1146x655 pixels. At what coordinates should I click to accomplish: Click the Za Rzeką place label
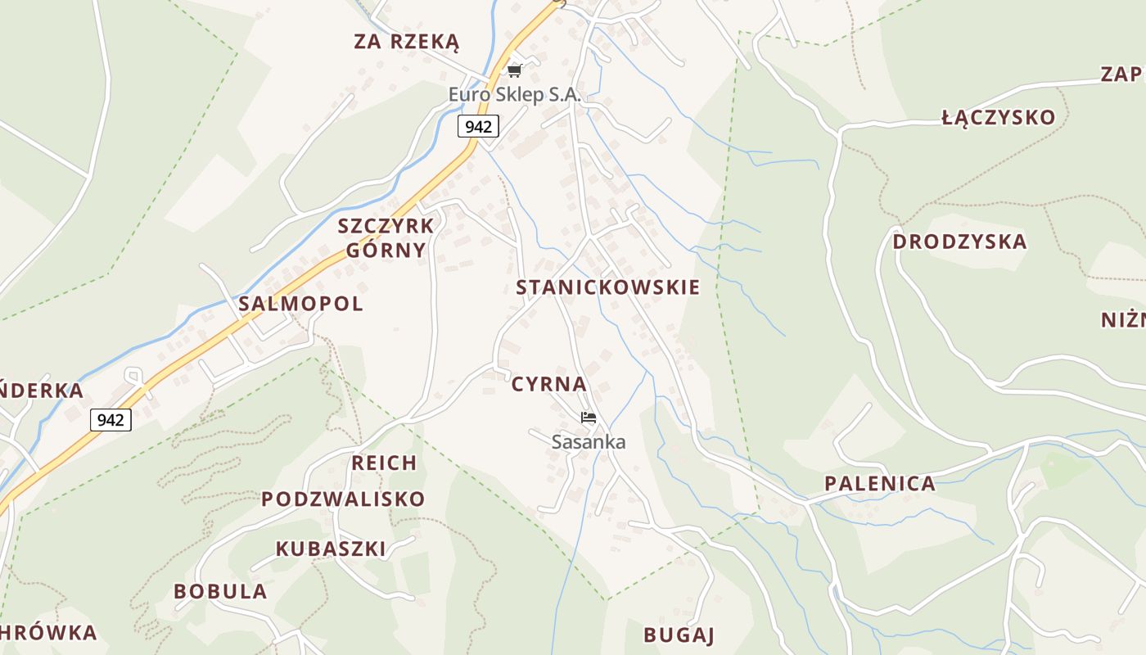pyautogui.click(x=407, y=42)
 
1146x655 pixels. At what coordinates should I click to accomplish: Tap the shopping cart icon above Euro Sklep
pyautogui.click(x=514, y=71)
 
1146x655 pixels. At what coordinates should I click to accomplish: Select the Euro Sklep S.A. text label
pyautogui.click(x=514, y=95)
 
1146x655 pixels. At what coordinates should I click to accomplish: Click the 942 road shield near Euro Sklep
pyautogui.click(x=478, y=126)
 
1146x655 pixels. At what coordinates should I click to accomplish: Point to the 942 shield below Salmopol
pyautogui.click(x=111, y=420)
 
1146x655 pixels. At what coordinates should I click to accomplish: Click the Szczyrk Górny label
pyautogui.click(x=386, y=238)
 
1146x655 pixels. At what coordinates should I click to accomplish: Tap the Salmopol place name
pyautogui.click(x=300, y=304)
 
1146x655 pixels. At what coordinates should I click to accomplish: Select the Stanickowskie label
pyautogui.click(x=608, y=287)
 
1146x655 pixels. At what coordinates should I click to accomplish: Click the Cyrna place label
pyautogui.click(x=549, y=384)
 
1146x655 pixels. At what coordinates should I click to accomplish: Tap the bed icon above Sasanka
pyautogui.click(x=588, y=418)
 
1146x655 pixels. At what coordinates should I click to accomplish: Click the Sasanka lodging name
pyautogui.click(x=589, y=442)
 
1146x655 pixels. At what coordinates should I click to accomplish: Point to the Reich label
pyautogui.click(x=384, y=463)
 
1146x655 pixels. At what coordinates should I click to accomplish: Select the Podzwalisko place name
pyautogui.click(x=343, y=499)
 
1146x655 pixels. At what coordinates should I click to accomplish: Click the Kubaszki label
pyautogui.click(x=331, y=549)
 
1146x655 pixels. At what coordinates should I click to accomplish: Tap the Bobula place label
pyautogui.click(x=220, y=591)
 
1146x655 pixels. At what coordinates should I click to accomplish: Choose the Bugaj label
pyautogui.click(x=679, y=635)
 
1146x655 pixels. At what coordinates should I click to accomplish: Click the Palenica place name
pyautogui.click(x=880, y=483)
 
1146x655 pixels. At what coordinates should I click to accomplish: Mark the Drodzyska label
pyautogui.click(x=959, y=242)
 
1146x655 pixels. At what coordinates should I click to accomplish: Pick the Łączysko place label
pyautogui.click(x=999, y=118)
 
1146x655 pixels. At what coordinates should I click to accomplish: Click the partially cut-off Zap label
pyautogui.click(x=1123, y=75)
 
